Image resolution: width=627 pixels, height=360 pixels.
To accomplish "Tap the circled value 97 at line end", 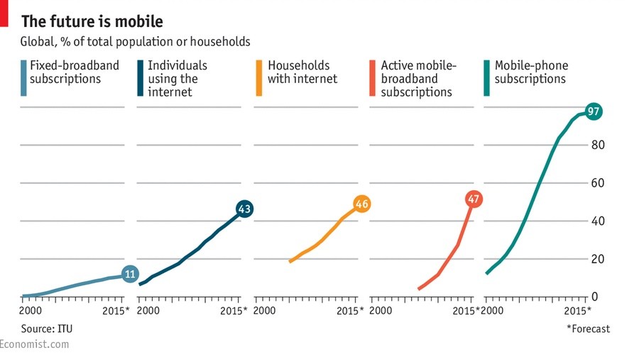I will point(594,111).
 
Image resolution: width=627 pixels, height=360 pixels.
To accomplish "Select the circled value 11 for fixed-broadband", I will point(129,274).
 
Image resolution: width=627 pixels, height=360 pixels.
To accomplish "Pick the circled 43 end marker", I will point(245,209).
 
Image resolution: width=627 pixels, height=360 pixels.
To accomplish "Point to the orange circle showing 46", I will point(362,204).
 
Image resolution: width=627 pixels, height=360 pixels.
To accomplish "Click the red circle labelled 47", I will point(474,200).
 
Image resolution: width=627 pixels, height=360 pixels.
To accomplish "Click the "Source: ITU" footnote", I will point(47,328).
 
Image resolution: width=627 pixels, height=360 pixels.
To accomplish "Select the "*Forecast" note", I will point(588,328).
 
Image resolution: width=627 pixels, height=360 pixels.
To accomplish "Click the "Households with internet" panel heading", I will point(302,72).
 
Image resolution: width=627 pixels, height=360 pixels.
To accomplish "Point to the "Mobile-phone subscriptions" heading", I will point(531,72).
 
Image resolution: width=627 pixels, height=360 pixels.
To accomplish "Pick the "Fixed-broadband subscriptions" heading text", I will point(75,72).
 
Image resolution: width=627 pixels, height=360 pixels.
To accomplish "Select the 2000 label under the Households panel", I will point(264,311).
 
